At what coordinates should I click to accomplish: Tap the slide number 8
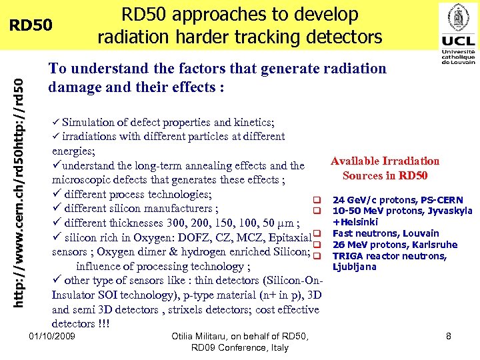click(x=449, y=337)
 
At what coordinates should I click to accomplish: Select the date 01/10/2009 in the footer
click(x=53, y=337)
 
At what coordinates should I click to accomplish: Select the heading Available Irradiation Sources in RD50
click(x=385, y=168)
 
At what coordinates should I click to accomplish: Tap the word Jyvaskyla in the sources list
click(x=450, y=211)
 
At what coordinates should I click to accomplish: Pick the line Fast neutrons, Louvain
click(x=385, y=233)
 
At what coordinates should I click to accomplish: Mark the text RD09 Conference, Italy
click(x=239, y=348)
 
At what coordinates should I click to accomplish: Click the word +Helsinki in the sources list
click(x=355, y=223)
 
